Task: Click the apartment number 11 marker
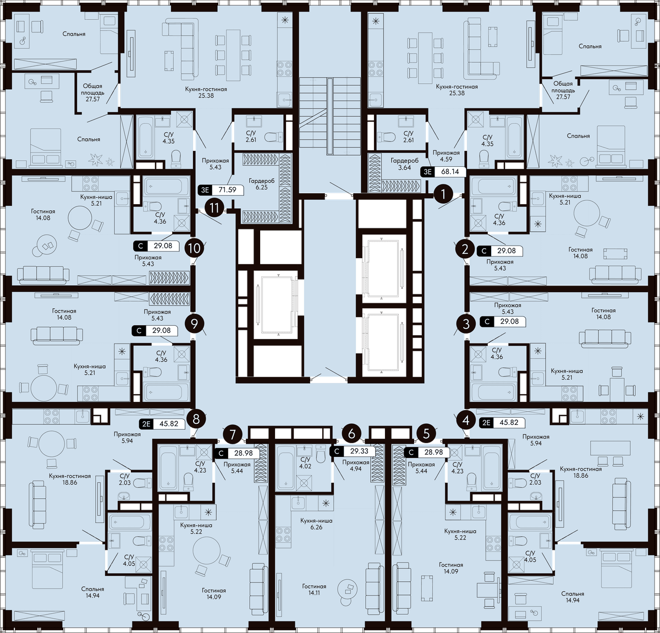pyautogui.click(x=215, y=208)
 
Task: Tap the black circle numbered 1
pyautogui.click(x=443, y=194)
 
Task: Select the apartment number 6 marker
pyautogui.click(x=351, y=433)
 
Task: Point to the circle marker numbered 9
pyautogui.click(x=194, y=324)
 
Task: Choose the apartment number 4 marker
pyautogui.click(x=466, y=421)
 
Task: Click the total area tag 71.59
pyautogui.click(x=221, y=190)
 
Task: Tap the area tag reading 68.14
pyautogui.click(x=443, y=171)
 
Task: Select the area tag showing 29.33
pyautogui.click(x=353, y=451)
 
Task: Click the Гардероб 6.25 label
pyautogui.click(x=261, y=184)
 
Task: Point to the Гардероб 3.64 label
pyautogui.click(x=404, y=163)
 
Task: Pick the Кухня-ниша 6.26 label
pyautogui.click(x=316, y=523)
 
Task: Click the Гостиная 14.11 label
pyautogui.click(x=314, y=590)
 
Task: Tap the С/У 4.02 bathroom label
pyautogui.click(x=305, y=462)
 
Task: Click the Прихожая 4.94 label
pyautogui.click(x=355, y=465)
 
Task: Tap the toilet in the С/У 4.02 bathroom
pyautogui.click(x=321, y=453)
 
